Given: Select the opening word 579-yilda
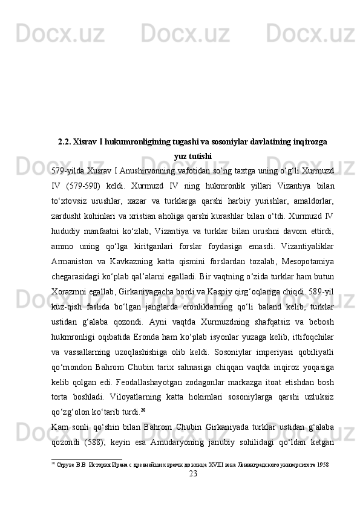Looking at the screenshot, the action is click(69, 170).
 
